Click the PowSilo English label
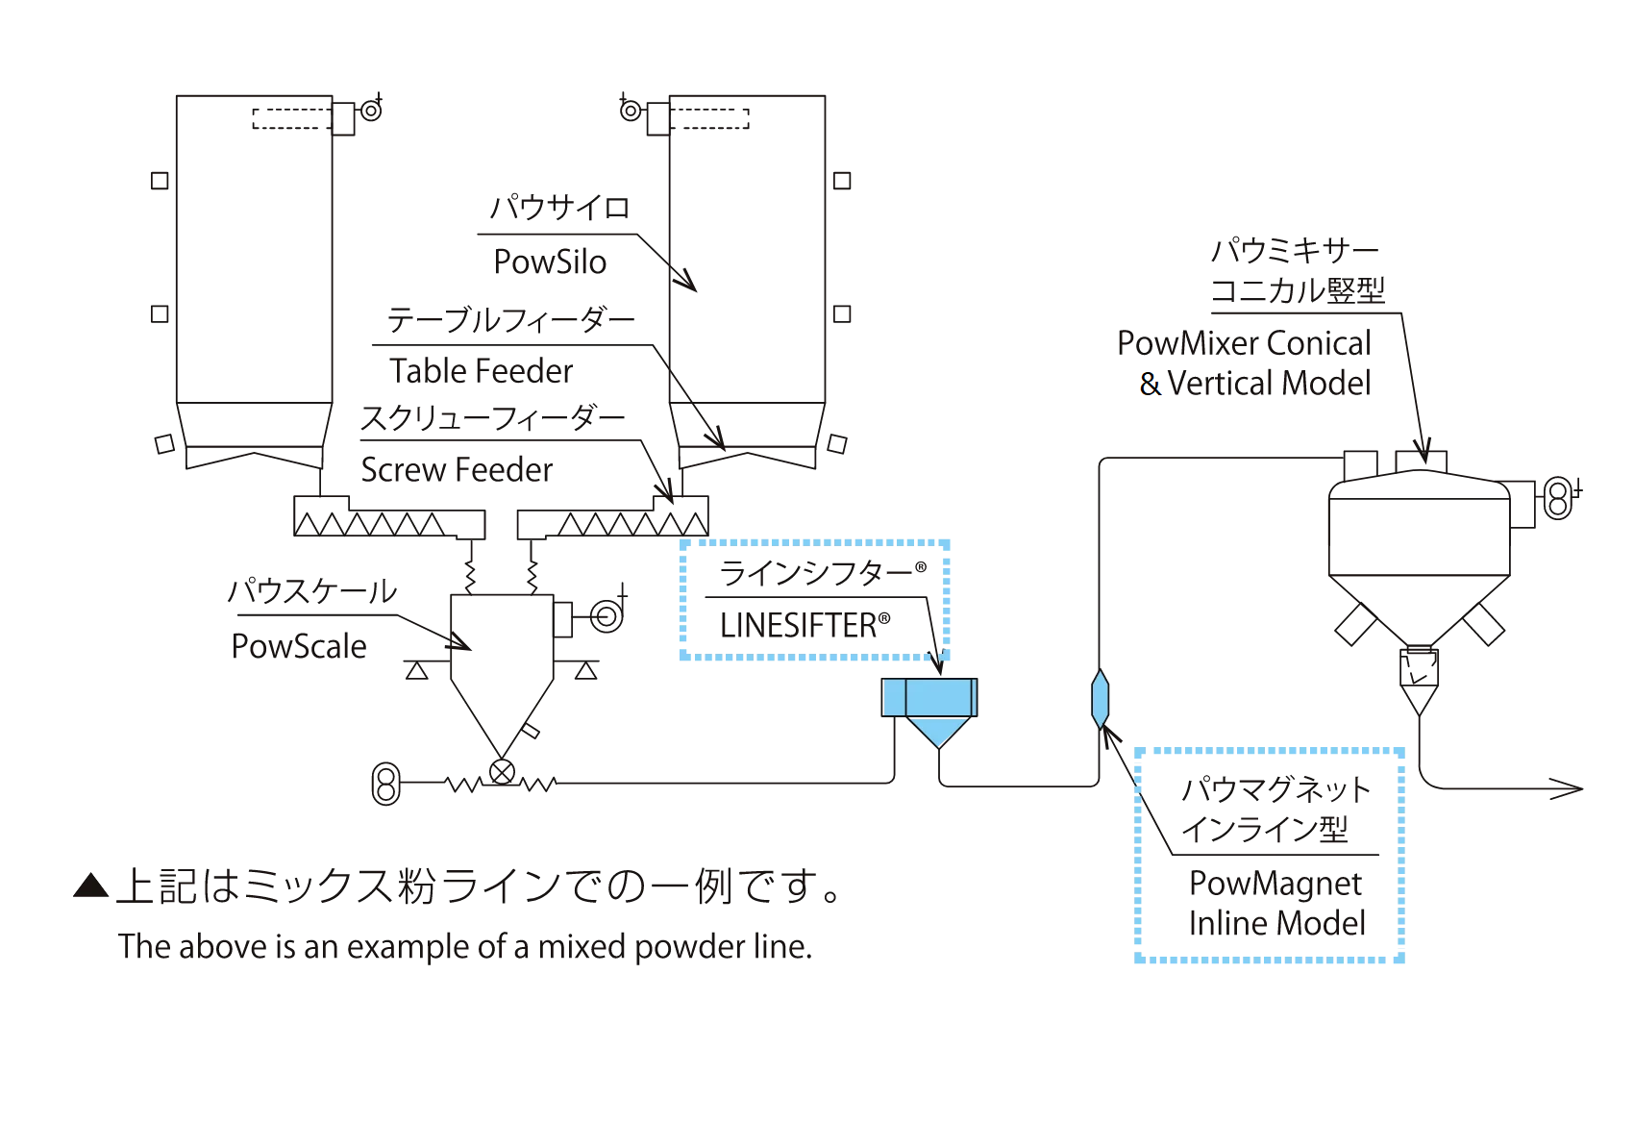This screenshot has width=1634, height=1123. click(550, 262)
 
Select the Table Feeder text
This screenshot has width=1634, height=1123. click(481, 370)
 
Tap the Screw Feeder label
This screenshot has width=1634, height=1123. click(457, 469)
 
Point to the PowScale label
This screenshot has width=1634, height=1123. click(299, 646)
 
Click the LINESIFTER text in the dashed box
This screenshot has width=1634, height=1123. click(798, 626)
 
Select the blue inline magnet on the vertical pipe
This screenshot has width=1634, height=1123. click(1101, 699)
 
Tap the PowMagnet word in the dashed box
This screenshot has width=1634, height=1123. click(1275, 883)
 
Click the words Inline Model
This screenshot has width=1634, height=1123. click(1276, 923)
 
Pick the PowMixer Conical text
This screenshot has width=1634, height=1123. click(1244, 343)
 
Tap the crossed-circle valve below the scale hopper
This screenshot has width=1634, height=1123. click(502, 772)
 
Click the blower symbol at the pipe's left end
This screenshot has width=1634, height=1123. click(386, 784)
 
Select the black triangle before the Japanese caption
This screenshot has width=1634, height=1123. click(91, 886)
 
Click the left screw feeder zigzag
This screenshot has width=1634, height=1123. click(370, 524)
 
